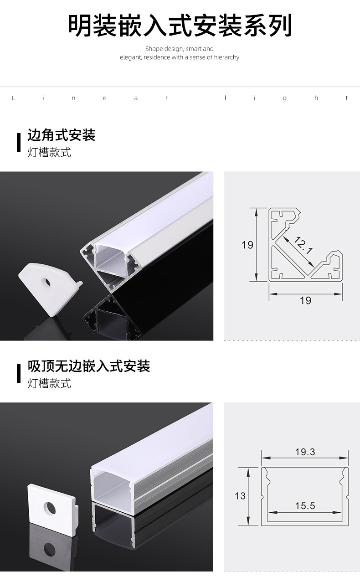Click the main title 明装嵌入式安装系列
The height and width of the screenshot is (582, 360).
pos(180,26)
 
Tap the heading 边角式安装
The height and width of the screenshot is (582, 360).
pos(62,135)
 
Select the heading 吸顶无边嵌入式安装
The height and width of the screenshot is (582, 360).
pos(89,366)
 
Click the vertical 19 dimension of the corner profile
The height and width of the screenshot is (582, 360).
pos(247,245)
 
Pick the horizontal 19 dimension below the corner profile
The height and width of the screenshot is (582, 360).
pos(305,300)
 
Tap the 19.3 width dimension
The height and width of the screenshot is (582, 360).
pos(305,452)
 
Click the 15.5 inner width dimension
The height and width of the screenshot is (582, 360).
pos(305,505)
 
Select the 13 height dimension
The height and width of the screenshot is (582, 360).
pos(240,496)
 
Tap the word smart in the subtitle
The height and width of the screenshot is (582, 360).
pos(194,49)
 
